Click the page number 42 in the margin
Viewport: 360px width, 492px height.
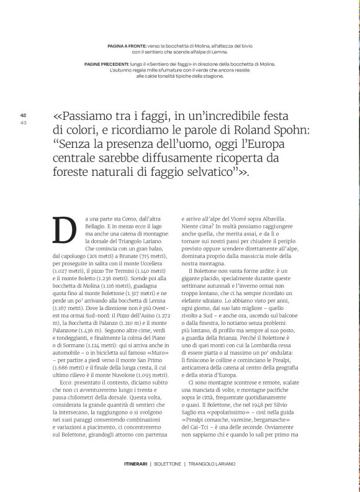pos(23,114)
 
